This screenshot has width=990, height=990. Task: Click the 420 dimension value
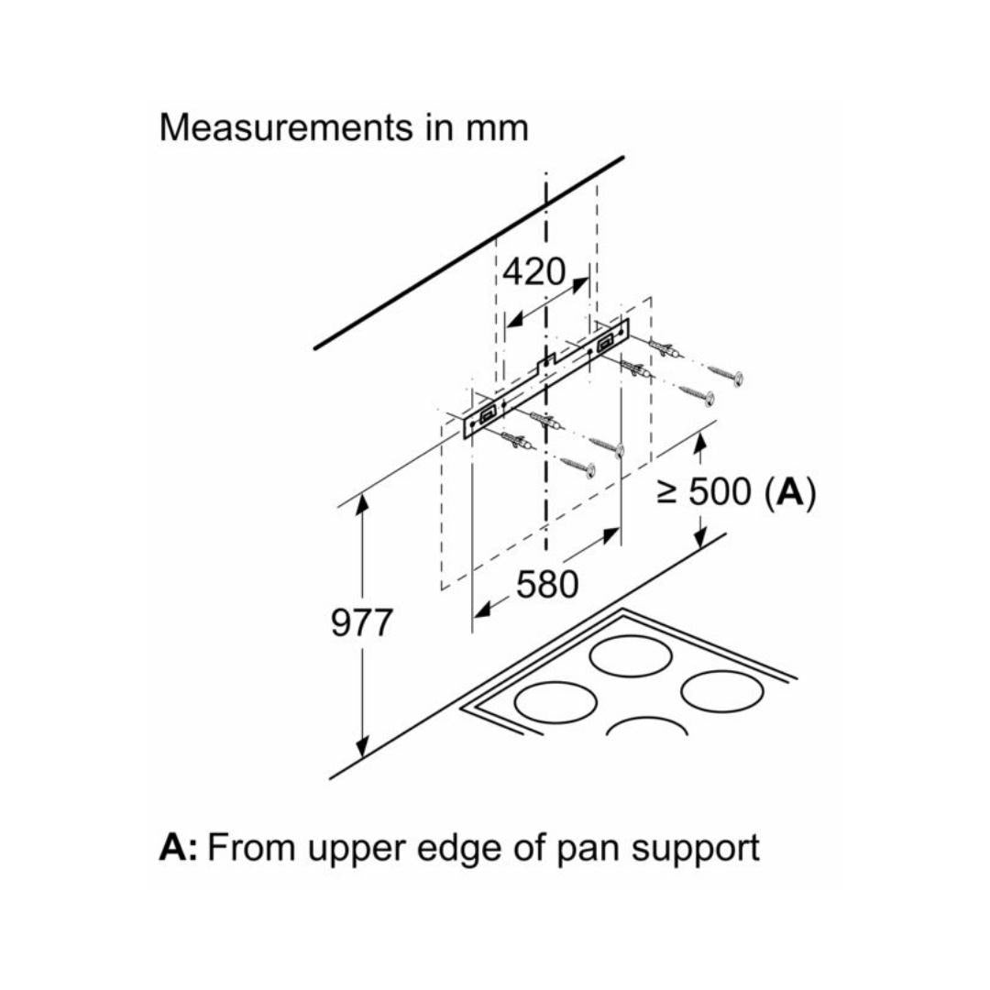pyautogui.click(x=534, y=272)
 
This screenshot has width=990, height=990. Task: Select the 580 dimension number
pyautogui.click(x=547, y=584)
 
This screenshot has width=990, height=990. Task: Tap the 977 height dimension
pyautogui.click(x=362, y=624)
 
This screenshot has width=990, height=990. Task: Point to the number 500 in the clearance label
pyautogui.click(x=719, y=493)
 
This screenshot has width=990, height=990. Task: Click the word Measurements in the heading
pyautogui.click(x=286, y=127)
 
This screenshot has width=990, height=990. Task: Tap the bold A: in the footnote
pyautogui.click(x=179, y=847)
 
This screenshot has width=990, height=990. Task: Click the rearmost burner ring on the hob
pyautogui.click(x=631, y=656)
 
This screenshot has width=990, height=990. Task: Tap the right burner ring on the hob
pyautogui.click(x=721, y=691)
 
